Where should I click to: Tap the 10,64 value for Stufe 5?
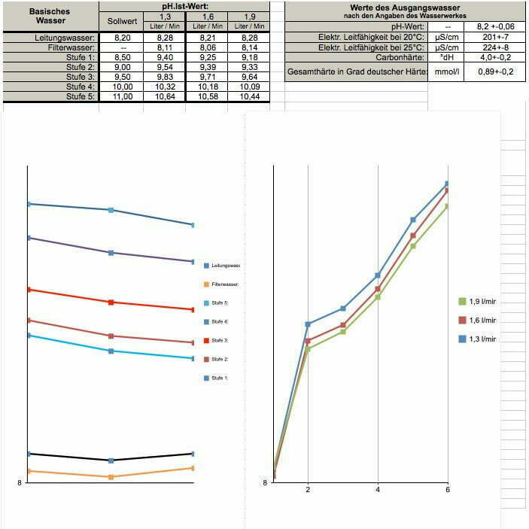click(163, 96)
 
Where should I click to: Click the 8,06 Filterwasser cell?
click(206, 47)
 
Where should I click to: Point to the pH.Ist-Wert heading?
click(185, 6)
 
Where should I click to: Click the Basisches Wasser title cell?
click(50, 16)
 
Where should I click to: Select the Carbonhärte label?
click(401, 57)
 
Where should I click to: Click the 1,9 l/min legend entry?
click(482, 302)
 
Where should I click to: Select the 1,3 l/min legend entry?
click(482, 339)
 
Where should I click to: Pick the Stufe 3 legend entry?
click(219, 341)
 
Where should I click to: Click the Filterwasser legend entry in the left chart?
click(223, 284)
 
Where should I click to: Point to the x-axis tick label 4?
click(378, 491)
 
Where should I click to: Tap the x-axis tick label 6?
click(448, 491)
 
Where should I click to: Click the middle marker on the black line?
click(111, 461)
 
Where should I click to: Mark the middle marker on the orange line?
click(111, 477)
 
